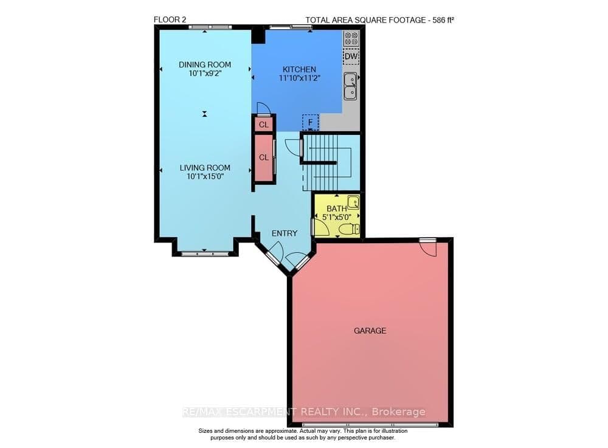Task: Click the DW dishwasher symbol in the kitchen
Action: (351, 57)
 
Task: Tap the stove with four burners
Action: (351, 39)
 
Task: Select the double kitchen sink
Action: (350, 86)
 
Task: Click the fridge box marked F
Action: (311, 122)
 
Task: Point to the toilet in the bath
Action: (347, 229)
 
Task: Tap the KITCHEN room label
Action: (299, 69)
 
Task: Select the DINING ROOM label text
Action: (204, 65)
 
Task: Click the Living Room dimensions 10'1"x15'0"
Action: (204, 177)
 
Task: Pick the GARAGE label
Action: (370, 331)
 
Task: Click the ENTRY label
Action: (285, 233)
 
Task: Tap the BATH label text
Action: (336, 209)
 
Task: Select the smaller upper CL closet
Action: (264, 125)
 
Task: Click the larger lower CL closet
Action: (264, 157)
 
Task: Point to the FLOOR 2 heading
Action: (170, 19)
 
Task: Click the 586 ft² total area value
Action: (441, 20)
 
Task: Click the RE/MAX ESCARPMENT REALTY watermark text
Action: (304, 412)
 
